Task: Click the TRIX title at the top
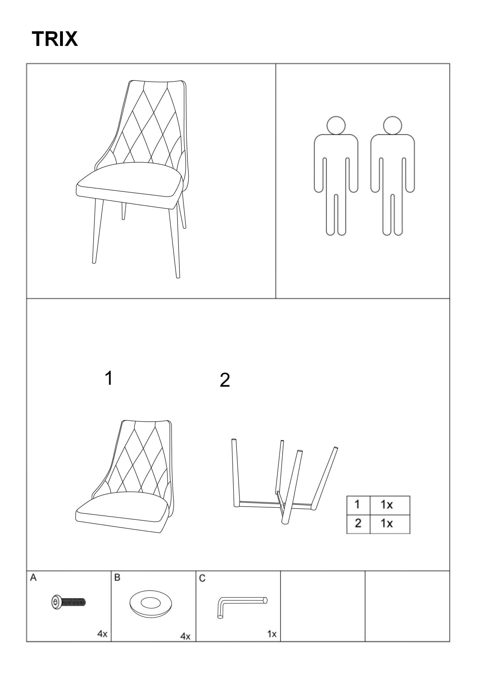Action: click(55, 39)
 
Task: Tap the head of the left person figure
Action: click(336, 125)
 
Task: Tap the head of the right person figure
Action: click(392, 125)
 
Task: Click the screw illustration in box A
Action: click(69, 602)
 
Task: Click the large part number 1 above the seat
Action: click(109, 378)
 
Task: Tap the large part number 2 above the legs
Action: click(225, 380)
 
